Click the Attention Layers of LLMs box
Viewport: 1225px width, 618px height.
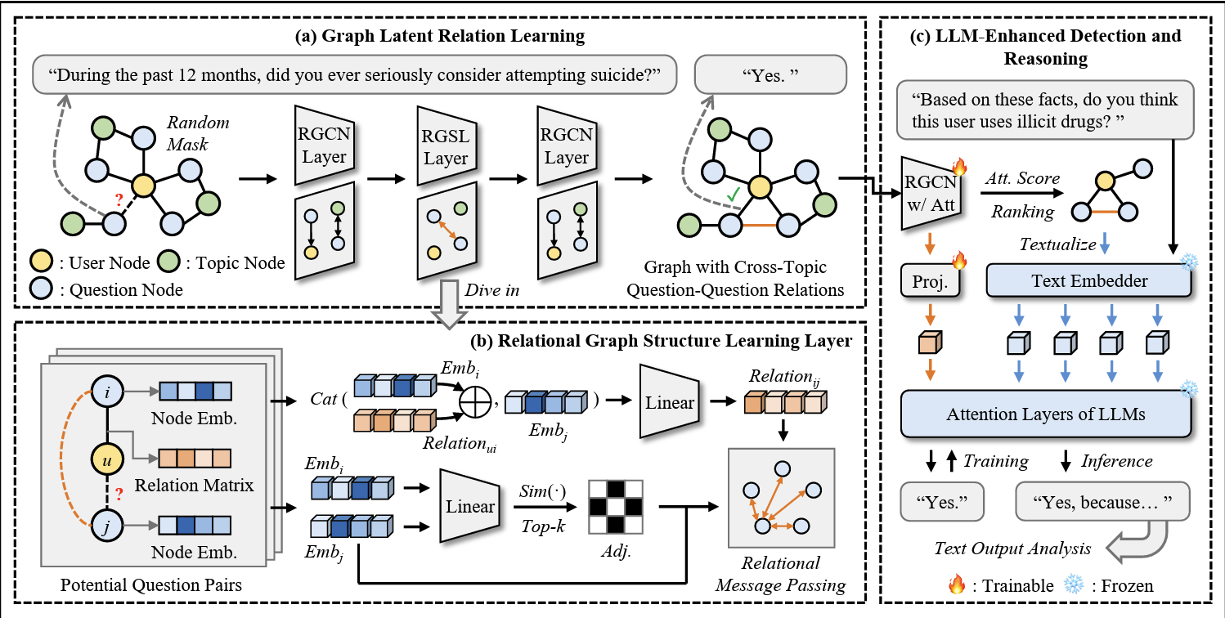(x=1045, y=414)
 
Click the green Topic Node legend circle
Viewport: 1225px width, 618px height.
(x=168, y=262)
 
